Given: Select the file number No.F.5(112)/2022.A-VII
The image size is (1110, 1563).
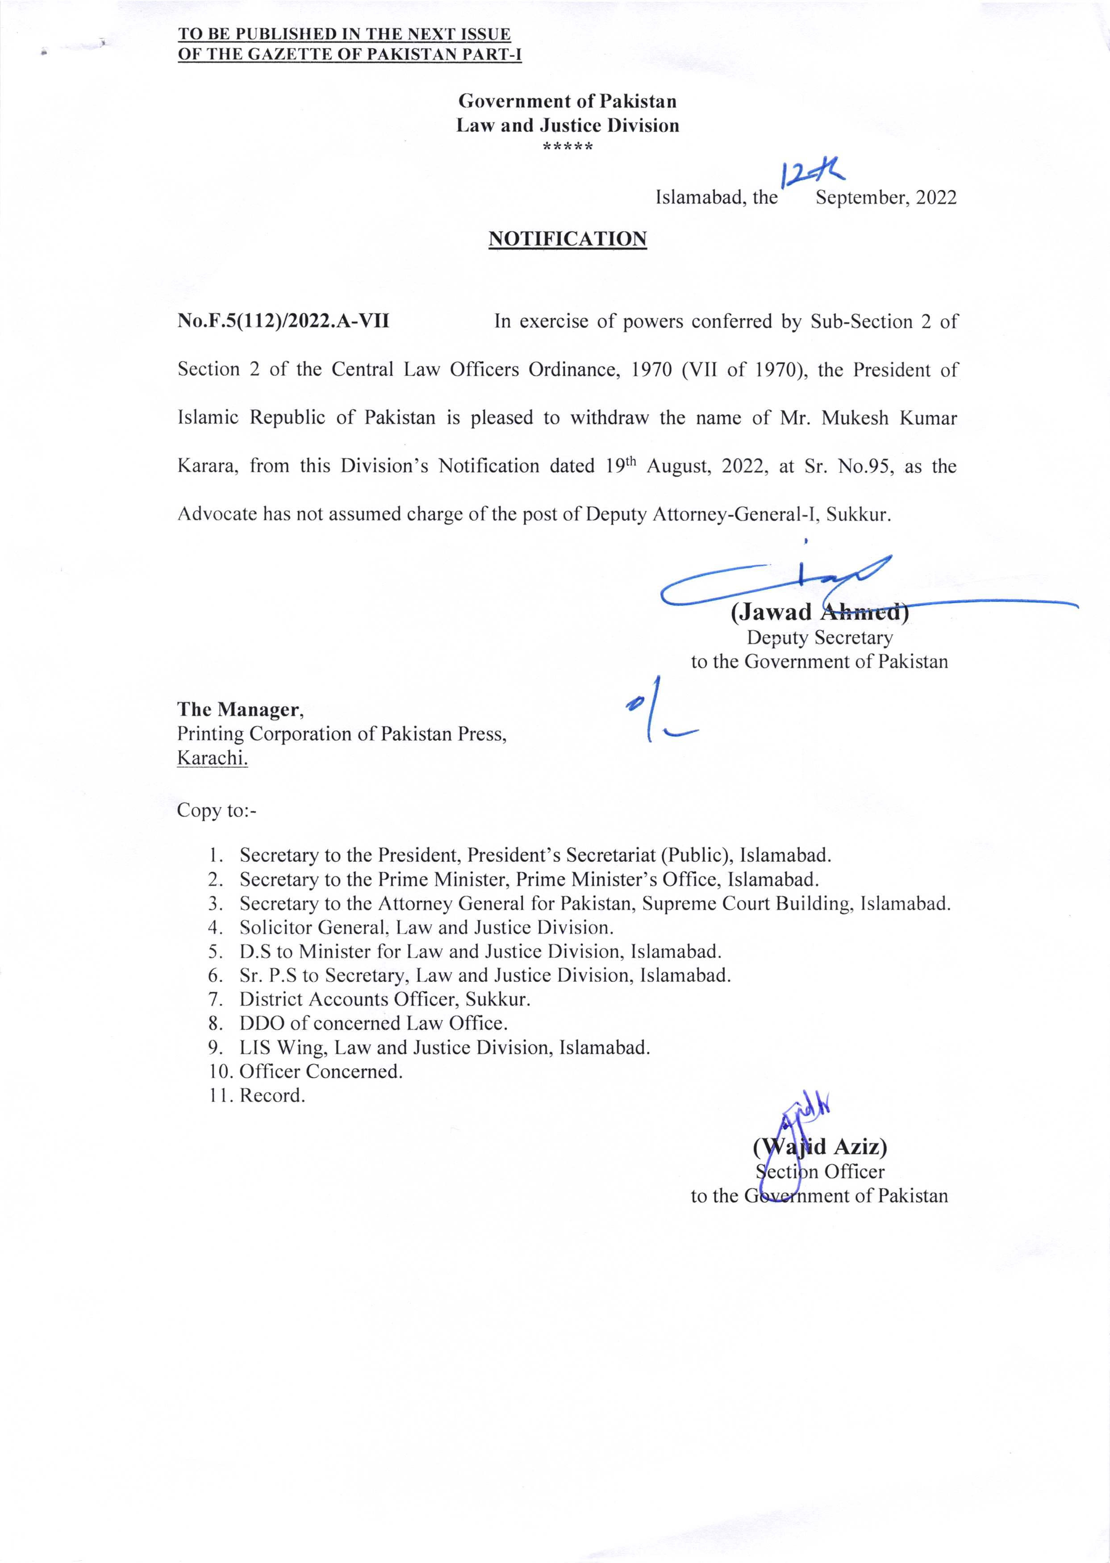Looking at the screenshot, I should [283, 321].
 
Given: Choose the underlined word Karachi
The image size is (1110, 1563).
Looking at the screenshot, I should [212, 758].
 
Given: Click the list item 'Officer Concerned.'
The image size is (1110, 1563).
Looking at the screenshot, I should [321, 1071].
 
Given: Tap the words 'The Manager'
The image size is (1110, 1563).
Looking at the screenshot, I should [240, 710].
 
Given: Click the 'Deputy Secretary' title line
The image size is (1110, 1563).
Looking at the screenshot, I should [819, 638].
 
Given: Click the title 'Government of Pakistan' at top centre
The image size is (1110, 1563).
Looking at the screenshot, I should [568, 101].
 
